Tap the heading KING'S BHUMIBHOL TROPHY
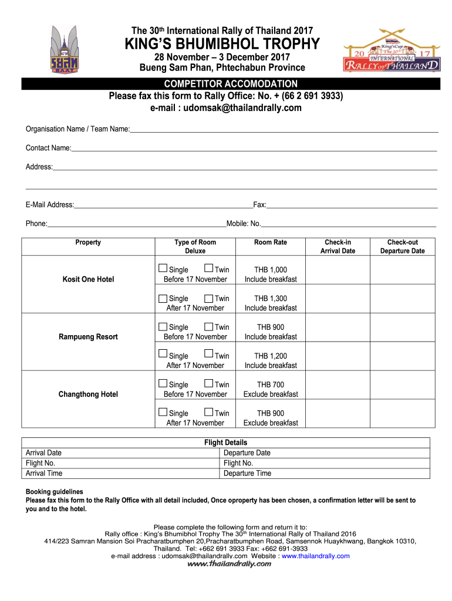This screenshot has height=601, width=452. tap(222, 44)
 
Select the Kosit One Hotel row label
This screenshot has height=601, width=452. tap(88, 279)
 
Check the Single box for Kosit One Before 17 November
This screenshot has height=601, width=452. tap(163, 269)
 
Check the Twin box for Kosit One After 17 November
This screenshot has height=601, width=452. tap(209, 298)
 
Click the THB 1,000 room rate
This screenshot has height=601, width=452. tap(271, 269)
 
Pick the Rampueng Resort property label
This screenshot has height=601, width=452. tap(88, 337)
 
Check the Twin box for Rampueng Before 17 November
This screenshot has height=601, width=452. tap(209, 327)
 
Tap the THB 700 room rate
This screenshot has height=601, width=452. tap(271, 384)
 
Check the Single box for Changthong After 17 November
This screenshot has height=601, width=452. tap(163, 413)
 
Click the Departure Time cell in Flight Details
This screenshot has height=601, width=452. tap(247, 474)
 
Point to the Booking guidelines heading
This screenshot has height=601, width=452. tap(54, 492)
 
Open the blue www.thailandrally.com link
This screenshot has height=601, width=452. tap(316, 556)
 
